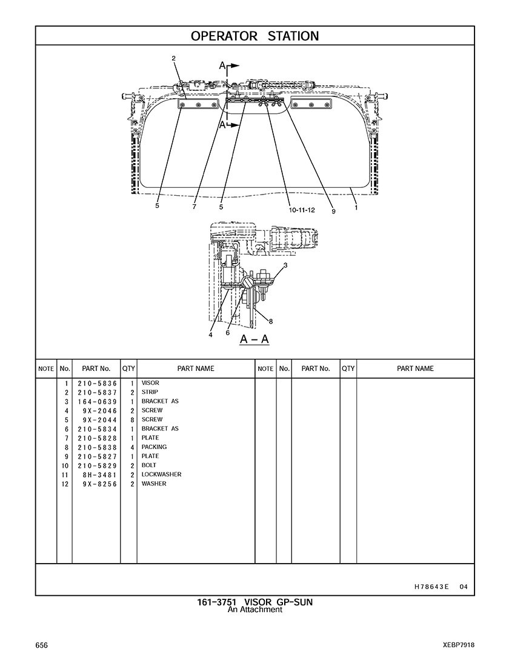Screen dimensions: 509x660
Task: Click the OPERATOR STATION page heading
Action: (x=254, y=36)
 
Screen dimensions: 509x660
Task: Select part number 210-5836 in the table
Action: (x=97, y=384)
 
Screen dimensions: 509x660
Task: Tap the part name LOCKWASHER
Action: (x=161, y=475)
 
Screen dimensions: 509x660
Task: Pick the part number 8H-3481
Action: (x=100, y=475)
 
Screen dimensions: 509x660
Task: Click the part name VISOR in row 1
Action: (x=150, y=383)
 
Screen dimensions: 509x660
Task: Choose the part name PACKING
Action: (x=154, y=447)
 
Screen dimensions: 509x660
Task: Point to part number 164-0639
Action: (x=97, y=402)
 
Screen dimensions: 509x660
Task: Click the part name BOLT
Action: (x=148, y=465)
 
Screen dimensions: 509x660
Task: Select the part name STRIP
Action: (x=150, y=392)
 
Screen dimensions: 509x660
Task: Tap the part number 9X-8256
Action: (x=100, y=484)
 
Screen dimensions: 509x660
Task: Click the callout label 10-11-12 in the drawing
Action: (x=302, y=210)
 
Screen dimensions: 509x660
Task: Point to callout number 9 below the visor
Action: (x=333, y=211)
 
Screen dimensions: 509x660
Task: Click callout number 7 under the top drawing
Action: (x=194, y=207)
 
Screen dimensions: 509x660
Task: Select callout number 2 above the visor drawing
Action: (x=173, y=59)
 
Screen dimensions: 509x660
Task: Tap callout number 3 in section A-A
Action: (x=285, y=265)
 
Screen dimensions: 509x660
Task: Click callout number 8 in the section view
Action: (x=271, y=322)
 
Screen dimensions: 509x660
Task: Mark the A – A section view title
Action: (x=254, y=339)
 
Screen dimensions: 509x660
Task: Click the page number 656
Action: (x=42, y=645)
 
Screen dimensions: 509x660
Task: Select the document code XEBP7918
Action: (x=459, y=645)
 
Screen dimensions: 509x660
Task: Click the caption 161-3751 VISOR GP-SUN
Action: (x=254, y=602)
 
